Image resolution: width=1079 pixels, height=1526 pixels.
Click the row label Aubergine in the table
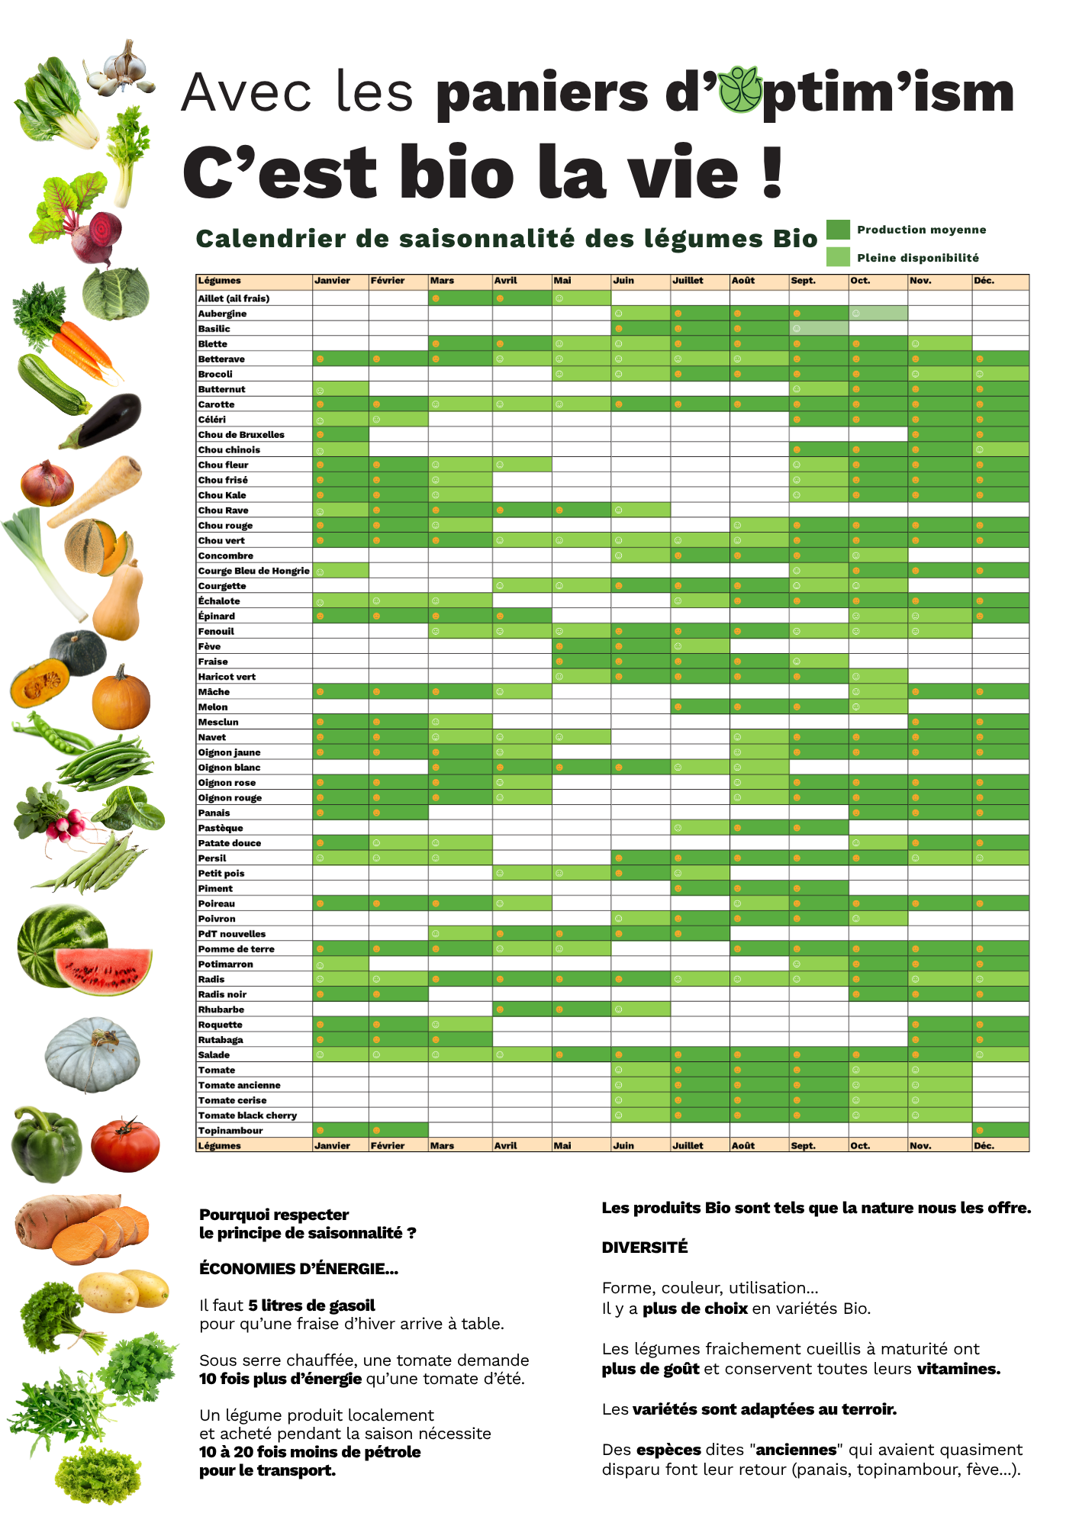pyautogui.click(x=222, y=314)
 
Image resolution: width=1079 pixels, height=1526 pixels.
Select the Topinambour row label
pyautogui.click(x=230, y=1131)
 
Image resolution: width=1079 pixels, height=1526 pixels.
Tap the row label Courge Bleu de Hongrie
pyautogui.click(x=253, y=571)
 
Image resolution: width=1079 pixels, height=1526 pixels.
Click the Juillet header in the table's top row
pyautogui.click(x=688, y=281)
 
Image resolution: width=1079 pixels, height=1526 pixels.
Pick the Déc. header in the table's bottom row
pyautogui.click(x=984, y=1146)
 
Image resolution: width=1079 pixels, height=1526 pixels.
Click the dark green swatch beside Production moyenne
pyautogui.click(x=838, y=230)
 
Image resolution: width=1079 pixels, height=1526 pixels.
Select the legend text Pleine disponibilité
pyautogui.click(x=917, y=258)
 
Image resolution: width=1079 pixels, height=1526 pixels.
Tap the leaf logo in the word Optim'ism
pyautogui.click(x=740, y=90)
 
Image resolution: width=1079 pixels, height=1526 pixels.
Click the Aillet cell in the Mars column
pyautogui.click(x=460, y=298)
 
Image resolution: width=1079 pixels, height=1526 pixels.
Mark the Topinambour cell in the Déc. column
pyautogui.click(x=1000, y=1131)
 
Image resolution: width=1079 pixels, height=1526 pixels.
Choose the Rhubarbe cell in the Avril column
pyautogui.click(x=522, y=1009)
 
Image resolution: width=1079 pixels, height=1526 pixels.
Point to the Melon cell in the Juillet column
pyautogui.click(x=700, y=707)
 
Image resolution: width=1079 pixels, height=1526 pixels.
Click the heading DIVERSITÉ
pyautogui.click(x=644, y=1248)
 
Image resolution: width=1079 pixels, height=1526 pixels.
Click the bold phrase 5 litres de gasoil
pyautogui.click(x=311, y=1305)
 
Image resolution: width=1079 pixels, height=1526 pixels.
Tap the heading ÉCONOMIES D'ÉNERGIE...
pyautogui.click(x=298, y=1269)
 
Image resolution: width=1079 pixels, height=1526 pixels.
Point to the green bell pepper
pyautogui.click(x=45, y=1144)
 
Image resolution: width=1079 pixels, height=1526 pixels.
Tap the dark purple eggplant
pyautogui.click(x=108, y=419)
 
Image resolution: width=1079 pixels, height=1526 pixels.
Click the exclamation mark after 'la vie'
pyautogui.click(x=772, y=172)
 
